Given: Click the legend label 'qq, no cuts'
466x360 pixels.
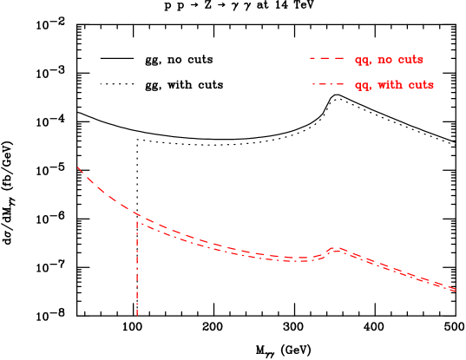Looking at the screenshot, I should (x=389, y=60).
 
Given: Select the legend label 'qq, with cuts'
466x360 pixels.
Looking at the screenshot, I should (x=394, y=85).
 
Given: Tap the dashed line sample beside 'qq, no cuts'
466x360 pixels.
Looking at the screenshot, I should (x=327, y=59).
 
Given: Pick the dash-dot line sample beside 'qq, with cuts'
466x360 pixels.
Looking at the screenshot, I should (x=327, y=85).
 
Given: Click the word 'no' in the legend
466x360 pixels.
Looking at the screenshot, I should (x=383, y=60).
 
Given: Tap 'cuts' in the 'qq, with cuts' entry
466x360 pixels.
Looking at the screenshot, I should (x=420, y=85).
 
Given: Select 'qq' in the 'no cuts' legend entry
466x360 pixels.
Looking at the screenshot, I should (x=362, y=61).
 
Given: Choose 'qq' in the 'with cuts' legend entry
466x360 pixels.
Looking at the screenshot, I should (x=362, y=86).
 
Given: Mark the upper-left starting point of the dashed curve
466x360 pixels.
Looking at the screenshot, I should (x=78, y=167).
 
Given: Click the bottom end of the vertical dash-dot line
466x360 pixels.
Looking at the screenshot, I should (x=137, y=315).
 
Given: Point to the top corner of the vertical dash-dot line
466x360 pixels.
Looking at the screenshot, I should (x=137, y=221).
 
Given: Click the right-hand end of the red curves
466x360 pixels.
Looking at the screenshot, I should (x=456, y=290).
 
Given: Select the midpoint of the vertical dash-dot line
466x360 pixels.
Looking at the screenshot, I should (x=137, y=268).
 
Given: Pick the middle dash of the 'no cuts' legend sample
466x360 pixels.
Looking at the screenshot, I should (x=327, y=59).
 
